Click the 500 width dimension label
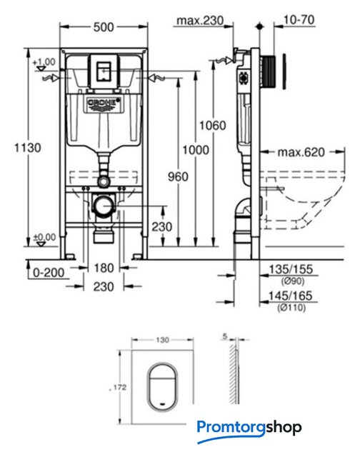(x=104, y=27)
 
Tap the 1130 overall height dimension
(x=28, y=148)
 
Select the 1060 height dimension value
(x=213, y=126)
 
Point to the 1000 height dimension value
(x=196, y=150)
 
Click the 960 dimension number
(x=178, y=176)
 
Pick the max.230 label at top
(x=200, y=21)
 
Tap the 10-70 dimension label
(x=299, y=20)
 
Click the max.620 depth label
(x=301, y=152)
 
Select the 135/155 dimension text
(x=290, y=269)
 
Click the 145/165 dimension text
(x=290, y=296)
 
